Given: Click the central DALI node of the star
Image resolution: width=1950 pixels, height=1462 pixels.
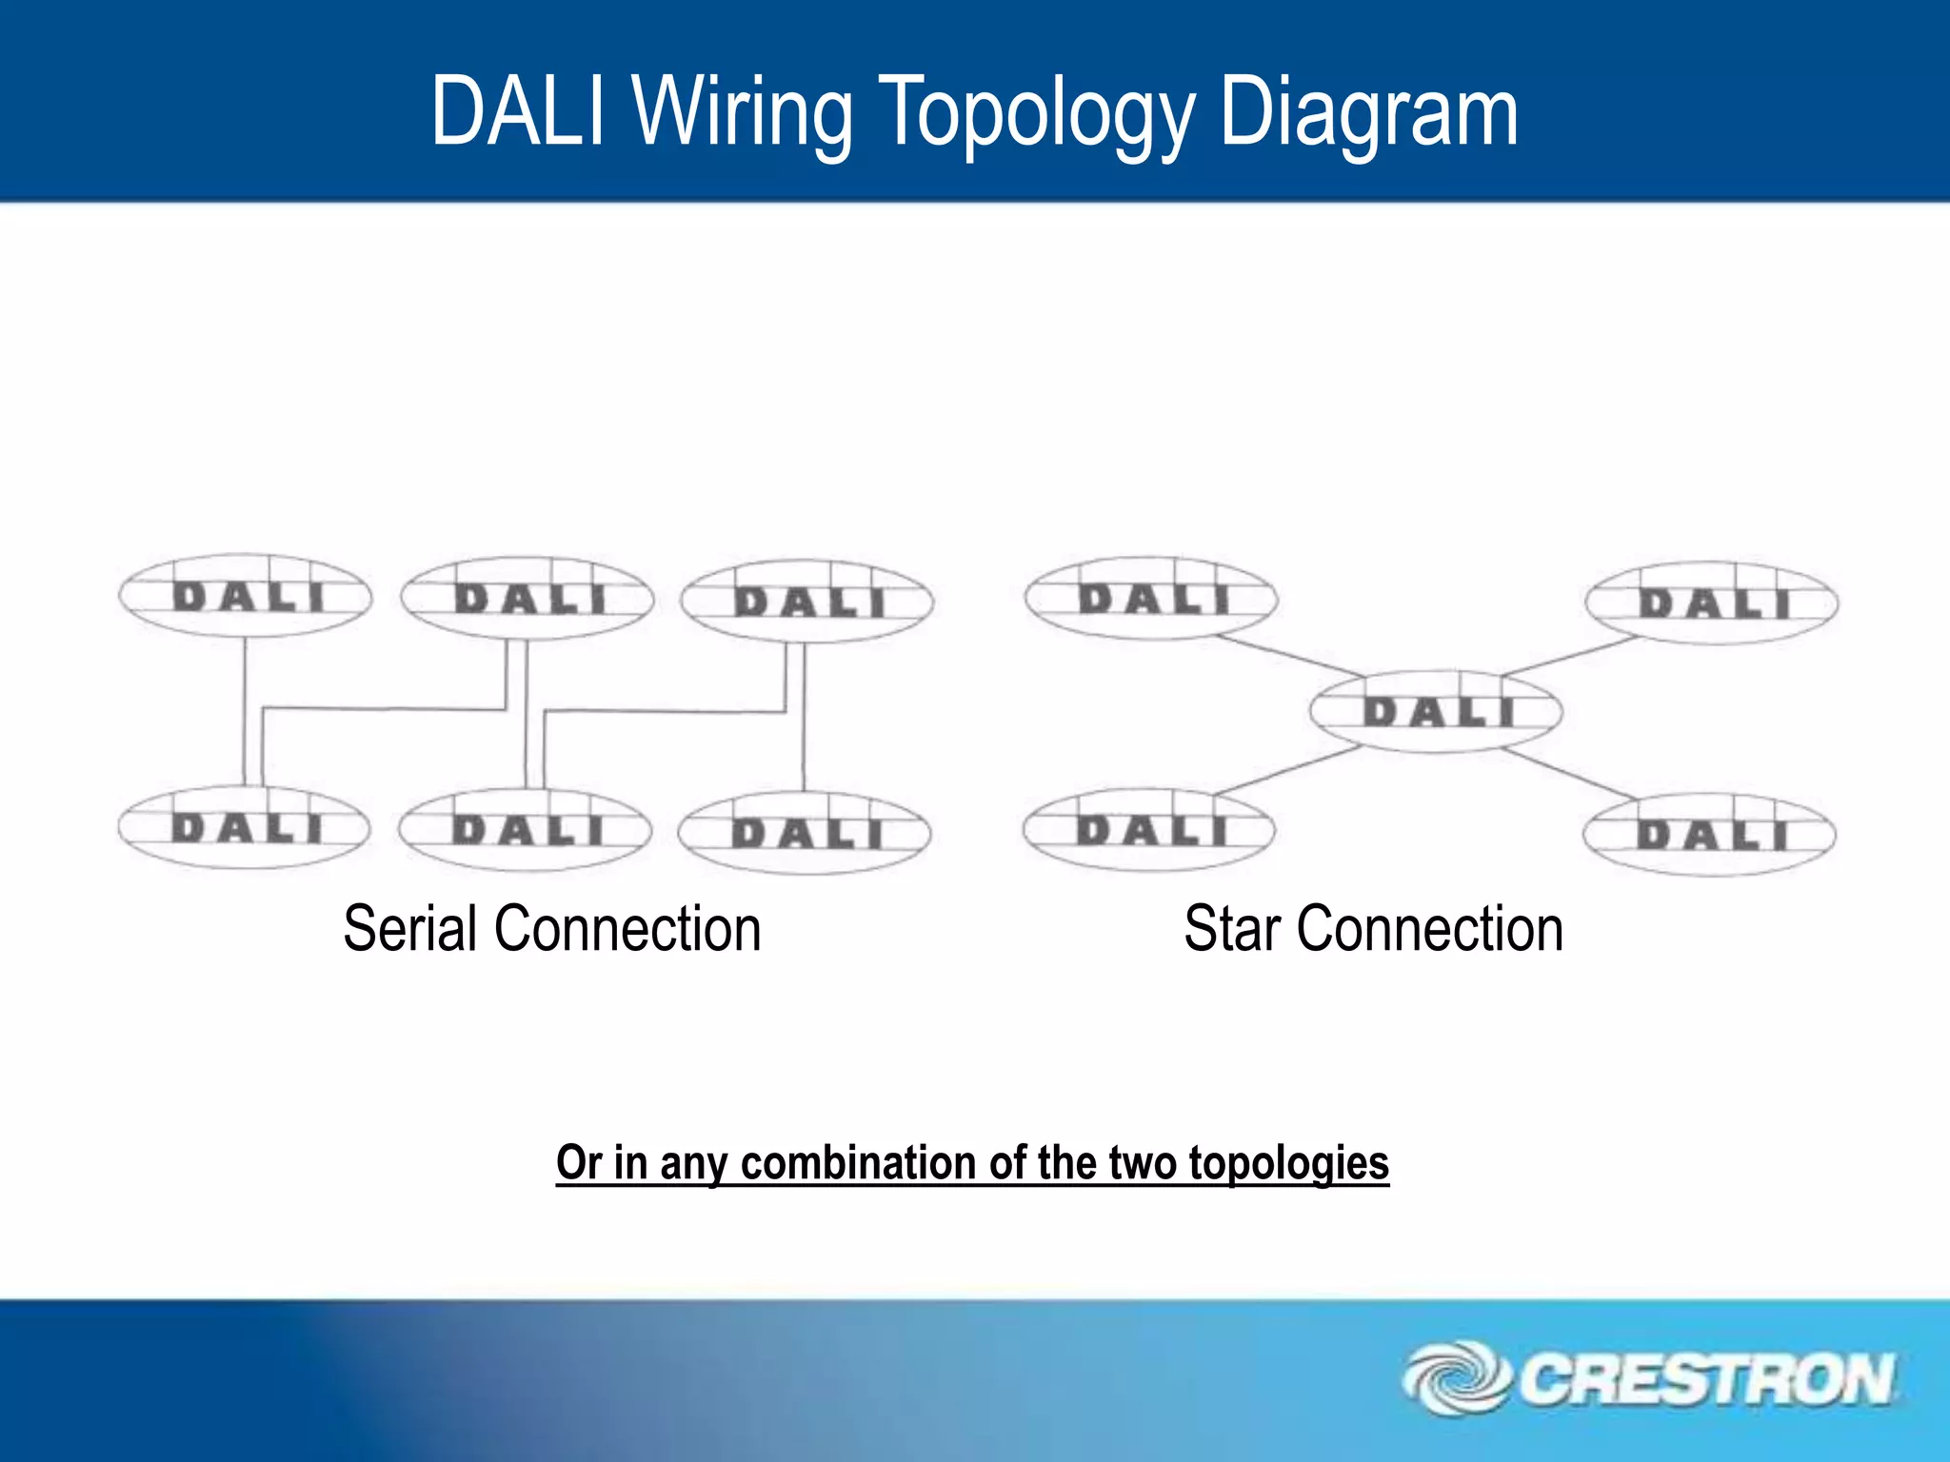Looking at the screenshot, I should tap(1436, 712).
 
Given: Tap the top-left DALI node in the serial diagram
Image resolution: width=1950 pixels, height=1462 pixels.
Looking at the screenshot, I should tap(246, 597).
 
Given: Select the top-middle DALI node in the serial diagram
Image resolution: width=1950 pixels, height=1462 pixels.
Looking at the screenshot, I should tap(527, 599).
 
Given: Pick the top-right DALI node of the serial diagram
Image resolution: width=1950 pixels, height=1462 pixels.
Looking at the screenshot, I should tap(807, 602).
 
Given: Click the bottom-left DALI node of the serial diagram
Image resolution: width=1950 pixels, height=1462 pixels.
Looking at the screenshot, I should tap(245, 827).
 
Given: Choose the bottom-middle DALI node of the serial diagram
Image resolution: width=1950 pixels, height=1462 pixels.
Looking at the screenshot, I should tap(526, 830).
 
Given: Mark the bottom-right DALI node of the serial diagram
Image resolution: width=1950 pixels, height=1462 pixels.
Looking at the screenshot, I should tap(805, 834).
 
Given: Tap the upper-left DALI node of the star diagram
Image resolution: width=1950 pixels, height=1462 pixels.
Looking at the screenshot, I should tap(1151, 598).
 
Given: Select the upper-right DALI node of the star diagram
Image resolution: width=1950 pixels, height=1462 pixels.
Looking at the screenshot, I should tap(1712, 603).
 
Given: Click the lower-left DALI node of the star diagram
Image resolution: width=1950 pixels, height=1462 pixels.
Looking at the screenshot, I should tap(1149, 830).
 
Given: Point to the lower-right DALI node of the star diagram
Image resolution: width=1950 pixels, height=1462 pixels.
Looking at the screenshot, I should tap(1710, 835).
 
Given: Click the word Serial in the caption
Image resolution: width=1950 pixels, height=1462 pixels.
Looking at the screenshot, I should tap(409, 929).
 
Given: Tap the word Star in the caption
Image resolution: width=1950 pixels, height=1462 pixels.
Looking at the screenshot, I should tap(1231, 929).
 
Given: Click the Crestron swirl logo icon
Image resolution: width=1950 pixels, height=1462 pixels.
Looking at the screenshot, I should tap(1454, 1378).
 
